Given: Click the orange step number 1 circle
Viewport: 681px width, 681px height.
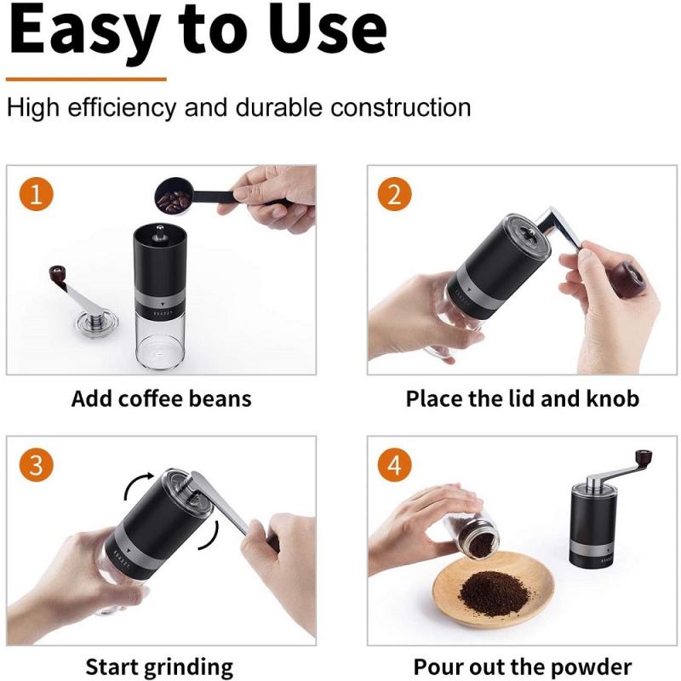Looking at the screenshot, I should click(36, 195).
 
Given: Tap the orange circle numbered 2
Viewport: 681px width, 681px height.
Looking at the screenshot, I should click(393, 195).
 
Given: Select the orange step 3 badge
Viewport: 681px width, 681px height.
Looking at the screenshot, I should click(36, 466).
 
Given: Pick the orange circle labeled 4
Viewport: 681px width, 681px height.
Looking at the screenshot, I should click(393, 466).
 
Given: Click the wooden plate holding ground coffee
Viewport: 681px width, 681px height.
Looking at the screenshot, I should click(494, 587).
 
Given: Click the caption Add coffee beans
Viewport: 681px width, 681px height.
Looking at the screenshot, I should click(162, 398).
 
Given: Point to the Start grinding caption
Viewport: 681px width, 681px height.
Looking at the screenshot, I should click(159, 667).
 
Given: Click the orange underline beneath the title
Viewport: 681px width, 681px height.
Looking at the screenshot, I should click(86, 78).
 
